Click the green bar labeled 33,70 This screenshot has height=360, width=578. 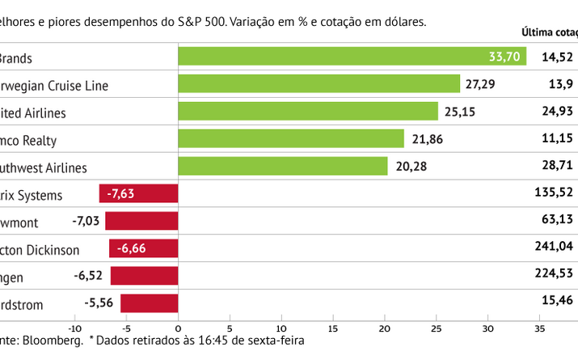(x=352, y=57)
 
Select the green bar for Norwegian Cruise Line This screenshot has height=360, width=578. (x=319, y=84)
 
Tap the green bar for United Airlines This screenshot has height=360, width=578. (x=307, y=112)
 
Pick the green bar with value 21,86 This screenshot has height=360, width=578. (x=290, y=139)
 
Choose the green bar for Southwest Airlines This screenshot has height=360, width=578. (x=282, y=167)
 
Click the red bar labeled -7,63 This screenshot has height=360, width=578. (x=138, y=194)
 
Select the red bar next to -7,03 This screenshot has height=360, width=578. (x=141, y=222)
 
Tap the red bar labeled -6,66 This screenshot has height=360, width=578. (x=143, y=248)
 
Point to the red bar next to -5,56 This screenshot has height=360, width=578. (x=149, y=303)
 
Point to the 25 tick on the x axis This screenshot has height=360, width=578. (x=437, y=328)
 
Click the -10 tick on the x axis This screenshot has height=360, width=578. (x=74, y=328)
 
